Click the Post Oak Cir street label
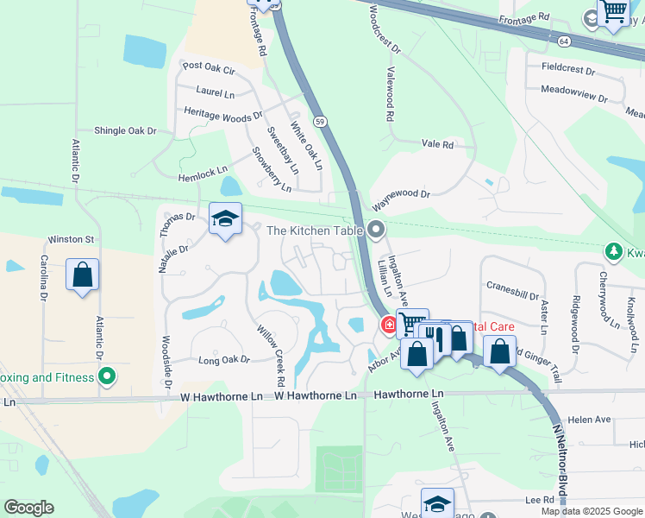209,67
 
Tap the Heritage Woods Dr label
223,112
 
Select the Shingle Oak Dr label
125,131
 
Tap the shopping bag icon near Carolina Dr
82,275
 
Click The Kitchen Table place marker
375,230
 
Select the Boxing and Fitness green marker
107,376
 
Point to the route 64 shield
563,41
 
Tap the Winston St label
71,239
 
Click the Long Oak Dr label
223,359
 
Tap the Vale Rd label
437,145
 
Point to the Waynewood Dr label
401,196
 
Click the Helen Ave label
590,420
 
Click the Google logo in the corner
28,507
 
